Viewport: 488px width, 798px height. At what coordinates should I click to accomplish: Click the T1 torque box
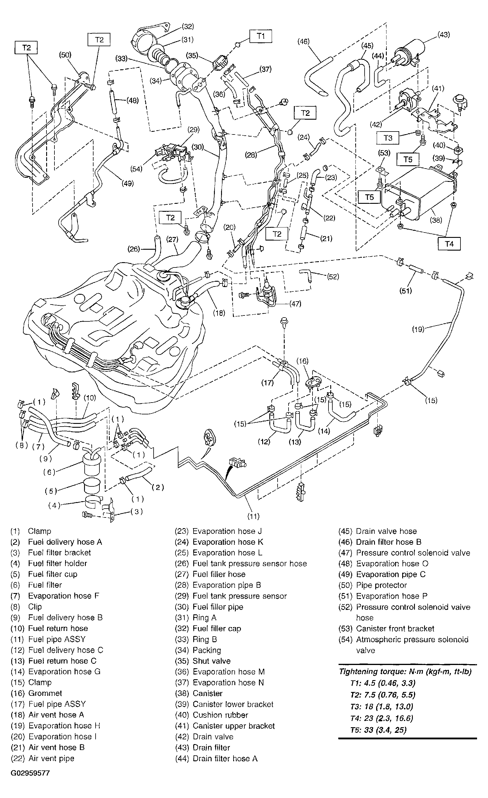pos(260,36)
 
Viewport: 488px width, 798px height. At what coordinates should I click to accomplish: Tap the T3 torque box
pos(388,138)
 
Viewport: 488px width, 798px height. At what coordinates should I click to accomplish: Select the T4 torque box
pos(449,244)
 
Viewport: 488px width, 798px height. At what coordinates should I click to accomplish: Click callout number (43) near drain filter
pos(443,35)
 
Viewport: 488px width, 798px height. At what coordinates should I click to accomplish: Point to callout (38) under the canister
pos(436,220)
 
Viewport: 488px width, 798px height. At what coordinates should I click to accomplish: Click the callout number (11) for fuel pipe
pos(253,516)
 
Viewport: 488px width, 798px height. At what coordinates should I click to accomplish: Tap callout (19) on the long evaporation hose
pos(418,329)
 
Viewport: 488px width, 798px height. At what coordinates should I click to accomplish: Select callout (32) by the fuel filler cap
pos(187,27)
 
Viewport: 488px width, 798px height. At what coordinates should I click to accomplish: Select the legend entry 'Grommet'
pos(45,693)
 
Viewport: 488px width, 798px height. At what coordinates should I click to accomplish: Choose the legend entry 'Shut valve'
pos(211,661)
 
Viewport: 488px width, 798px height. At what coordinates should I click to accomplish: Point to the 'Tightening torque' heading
pos(405,672)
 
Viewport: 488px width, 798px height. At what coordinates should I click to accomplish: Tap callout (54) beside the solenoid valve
pos(136,169)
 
